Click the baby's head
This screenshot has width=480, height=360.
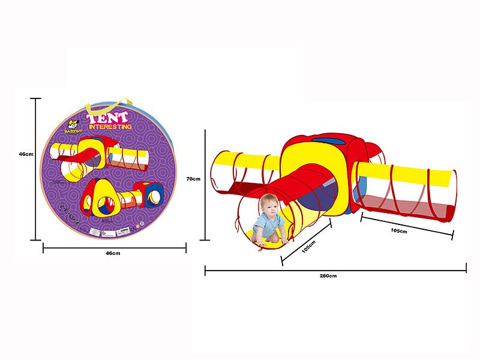[x=269, y=206]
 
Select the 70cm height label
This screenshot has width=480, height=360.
[x=193, y=178]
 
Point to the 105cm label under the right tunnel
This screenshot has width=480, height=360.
[x=399, y=230]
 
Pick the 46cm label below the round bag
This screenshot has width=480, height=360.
[x=113, y=253]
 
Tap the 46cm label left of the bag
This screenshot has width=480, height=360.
[x=25, y=154]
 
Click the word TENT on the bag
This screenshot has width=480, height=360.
[x=109, y=118]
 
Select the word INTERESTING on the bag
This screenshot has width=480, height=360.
[x=110, y=127]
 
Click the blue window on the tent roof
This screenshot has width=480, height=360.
[x=329, y=142]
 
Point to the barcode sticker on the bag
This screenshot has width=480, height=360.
[x=125, y=230]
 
